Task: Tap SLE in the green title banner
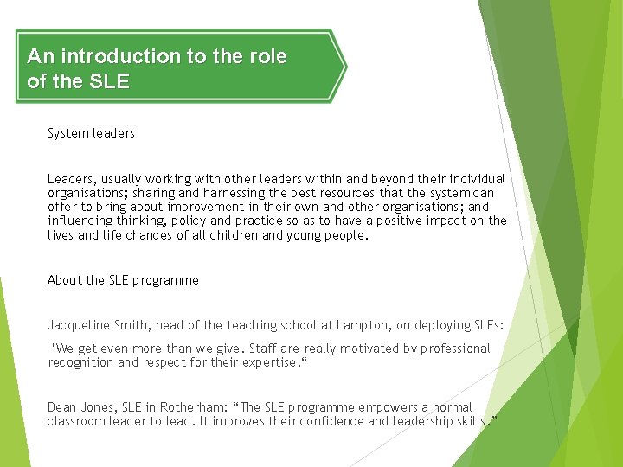109,82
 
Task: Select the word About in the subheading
65,280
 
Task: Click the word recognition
80,362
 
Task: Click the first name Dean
62,407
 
